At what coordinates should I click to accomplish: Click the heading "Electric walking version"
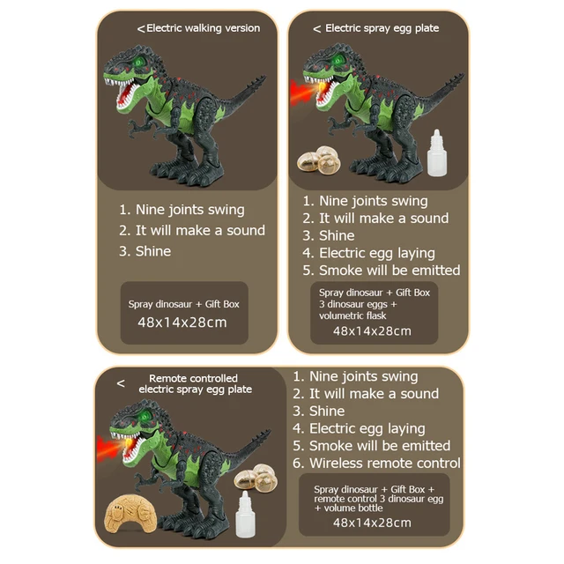(203, 28)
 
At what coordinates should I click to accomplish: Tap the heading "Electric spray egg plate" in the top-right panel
(382, 28)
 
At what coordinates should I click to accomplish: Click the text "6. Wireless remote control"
(376, 463)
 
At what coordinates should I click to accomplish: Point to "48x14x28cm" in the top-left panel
(182, 322)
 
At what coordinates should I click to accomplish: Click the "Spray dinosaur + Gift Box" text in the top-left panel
(184, 304)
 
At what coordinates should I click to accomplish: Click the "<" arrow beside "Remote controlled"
(121, 383)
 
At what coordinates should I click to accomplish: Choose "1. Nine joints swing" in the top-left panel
(182, 210)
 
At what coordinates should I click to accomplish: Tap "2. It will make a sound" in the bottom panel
(366, 394)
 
